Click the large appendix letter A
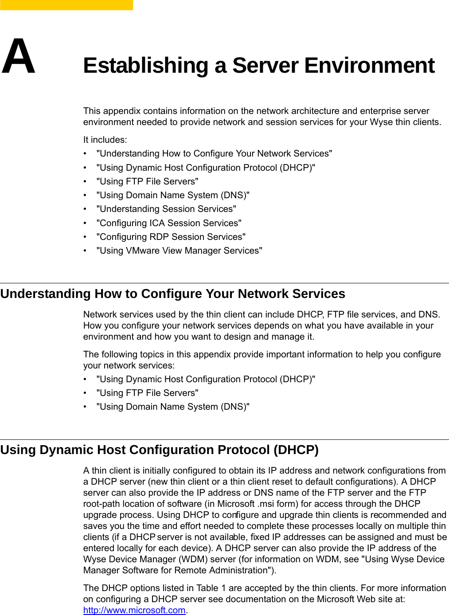18,56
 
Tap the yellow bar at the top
66,5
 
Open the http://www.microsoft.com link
134,610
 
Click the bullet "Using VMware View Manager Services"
179,251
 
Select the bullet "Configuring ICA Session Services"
169,223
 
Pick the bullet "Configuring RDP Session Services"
171,237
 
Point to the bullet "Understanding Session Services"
166,209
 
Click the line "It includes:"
105,140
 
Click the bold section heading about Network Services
173,294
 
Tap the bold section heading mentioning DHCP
160,450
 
